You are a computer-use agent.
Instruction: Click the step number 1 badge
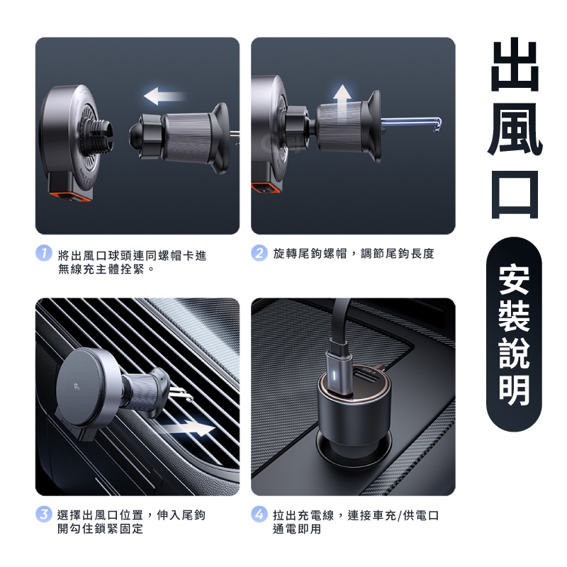(x=44, y=253)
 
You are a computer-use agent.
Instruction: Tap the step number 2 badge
(x=259, y=253)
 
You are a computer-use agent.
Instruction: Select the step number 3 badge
(x=44, y=515)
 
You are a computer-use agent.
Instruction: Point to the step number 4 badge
(x=259, y=515)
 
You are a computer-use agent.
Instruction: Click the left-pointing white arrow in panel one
(x=164, y=96)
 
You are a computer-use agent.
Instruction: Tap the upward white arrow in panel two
(x=342, y=102)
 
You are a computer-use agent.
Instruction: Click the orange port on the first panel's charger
(x=70, y=196)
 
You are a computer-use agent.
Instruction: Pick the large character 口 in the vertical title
(x=515, y=194)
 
